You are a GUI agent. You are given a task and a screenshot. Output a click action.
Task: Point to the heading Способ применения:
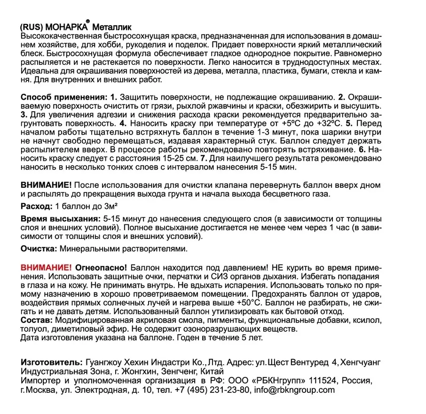(64, 97)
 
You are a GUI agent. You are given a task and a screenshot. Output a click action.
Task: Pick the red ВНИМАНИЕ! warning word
(46, 267)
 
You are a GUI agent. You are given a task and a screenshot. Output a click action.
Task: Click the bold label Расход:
(36, 206)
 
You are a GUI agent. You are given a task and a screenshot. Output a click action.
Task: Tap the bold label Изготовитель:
(52, 362)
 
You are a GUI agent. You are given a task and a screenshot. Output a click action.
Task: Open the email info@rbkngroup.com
(294, 390)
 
